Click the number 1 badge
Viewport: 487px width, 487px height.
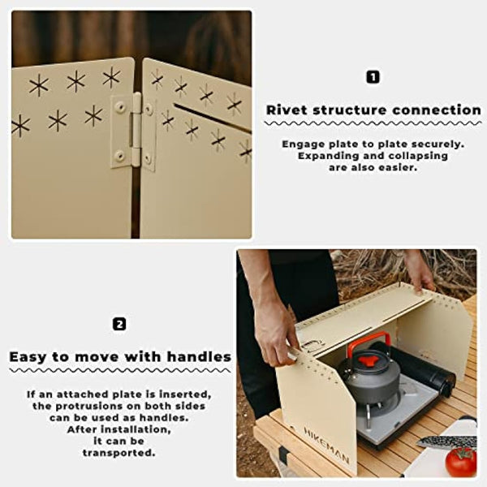click(x=373, y=77)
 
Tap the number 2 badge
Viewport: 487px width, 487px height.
click(x=119, y=324)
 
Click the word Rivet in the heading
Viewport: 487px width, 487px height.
click(x=289, y=110)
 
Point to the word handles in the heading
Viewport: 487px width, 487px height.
click(x=200, y=356)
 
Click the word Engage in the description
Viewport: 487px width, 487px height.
click(x=302, y=143)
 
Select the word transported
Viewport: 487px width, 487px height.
click(x=119, y=453)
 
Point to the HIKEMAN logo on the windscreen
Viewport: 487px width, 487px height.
click(x=327, y=444)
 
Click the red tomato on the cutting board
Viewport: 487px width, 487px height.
click(x=460, y=462)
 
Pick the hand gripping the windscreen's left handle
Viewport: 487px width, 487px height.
click(x=278, y=332)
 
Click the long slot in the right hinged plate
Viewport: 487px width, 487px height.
click(x=211, y=118)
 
